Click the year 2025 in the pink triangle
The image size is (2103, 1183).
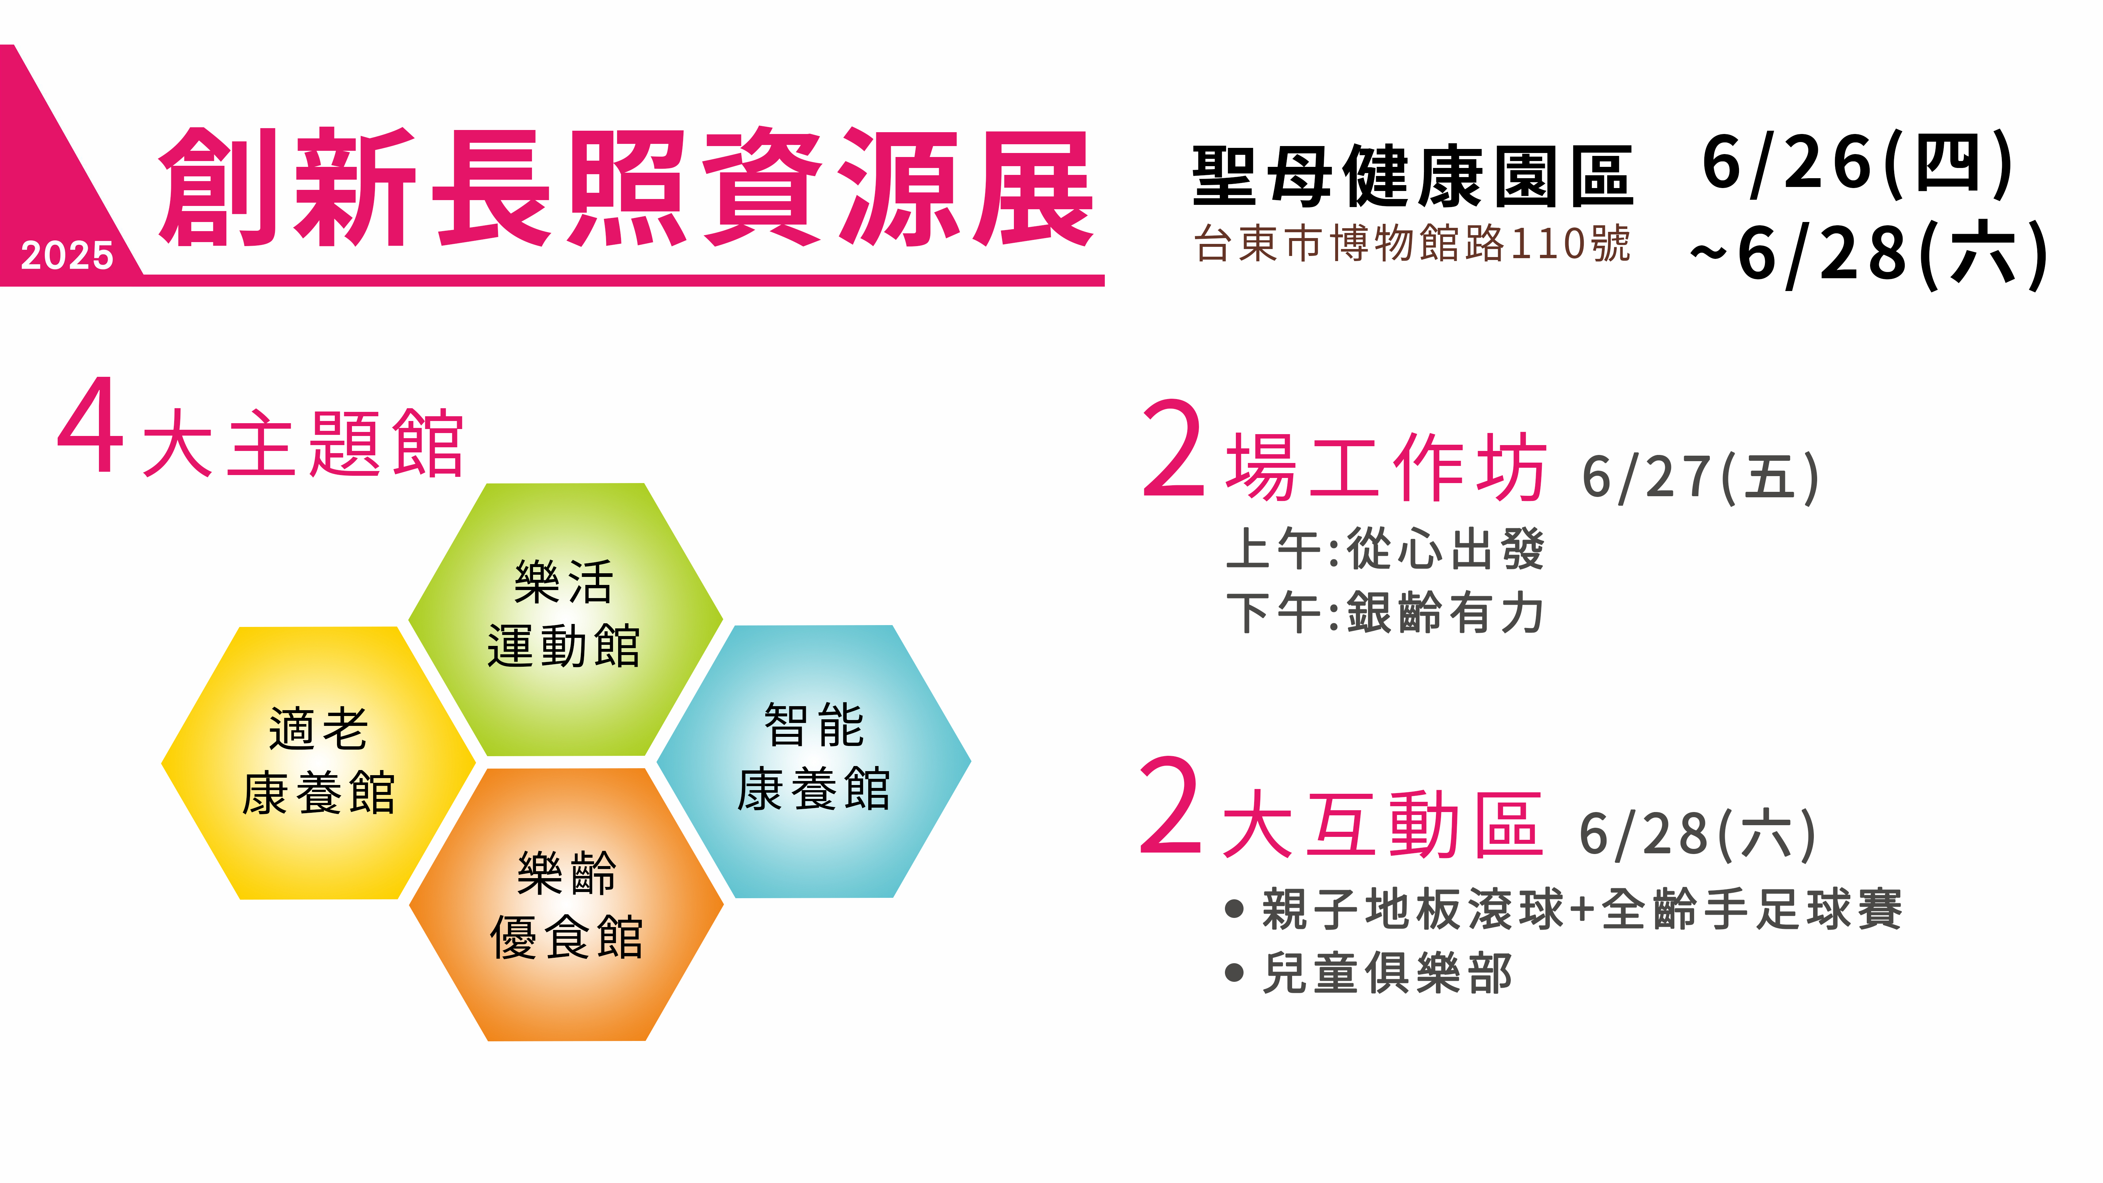pos(67,256)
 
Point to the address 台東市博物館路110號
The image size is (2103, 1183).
pos(1412,243)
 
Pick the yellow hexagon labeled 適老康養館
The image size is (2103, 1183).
pos(318,762)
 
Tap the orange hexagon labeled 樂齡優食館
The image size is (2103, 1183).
pos(567,905)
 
